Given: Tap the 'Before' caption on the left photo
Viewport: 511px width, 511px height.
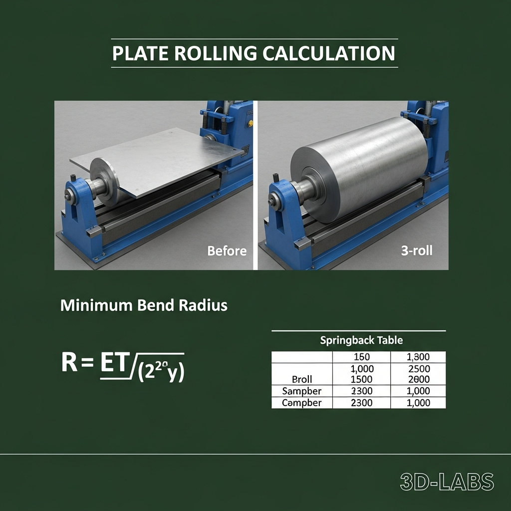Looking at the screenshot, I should click(227, 251).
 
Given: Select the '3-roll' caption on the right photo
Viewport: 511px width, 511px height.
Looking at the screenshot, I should click(417, 251).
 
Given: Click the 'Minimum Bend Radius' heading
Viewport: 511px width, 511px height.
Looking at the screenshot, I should click(144, 305).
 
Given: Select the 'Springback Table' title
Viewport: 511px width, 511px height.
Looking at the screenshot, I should click(361, 340).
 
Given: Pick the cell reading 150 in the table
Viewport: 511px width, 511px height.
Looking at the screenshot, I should click(361, 357).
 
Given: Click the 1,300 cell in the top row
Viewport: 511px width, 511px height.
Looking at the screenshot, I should click(418, 357).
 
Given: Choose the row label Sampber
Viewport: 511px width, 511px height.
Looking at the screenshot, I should click(301, 391).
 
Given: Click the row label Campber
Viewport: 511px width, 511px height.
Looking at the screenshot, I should click(301, 403).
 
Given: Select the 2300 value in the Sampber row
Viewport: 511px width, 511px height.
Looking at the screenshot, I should click(361, 391).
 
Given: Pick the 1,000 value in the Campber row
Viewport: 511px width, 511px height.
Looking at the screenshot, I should click(418, 403).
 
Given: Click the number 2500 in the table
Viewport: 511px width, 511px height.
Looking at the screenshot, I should click(418, 368).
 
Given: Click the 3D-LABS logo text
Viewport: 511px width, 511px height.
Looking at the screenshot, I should click(447, 482).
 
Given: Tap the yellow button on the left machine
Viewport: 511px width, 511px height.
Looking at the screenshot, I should click(250, 123).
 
